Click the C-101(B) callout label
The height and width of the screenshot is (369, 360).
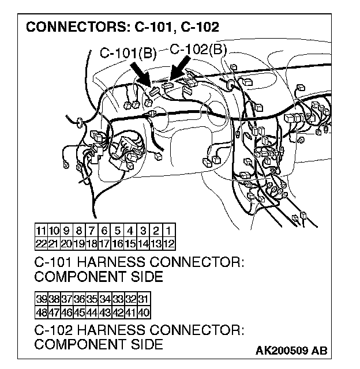(x=128, y=54)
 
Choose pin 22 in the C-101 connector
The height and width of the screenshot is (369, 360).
(x=41, y=243)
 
